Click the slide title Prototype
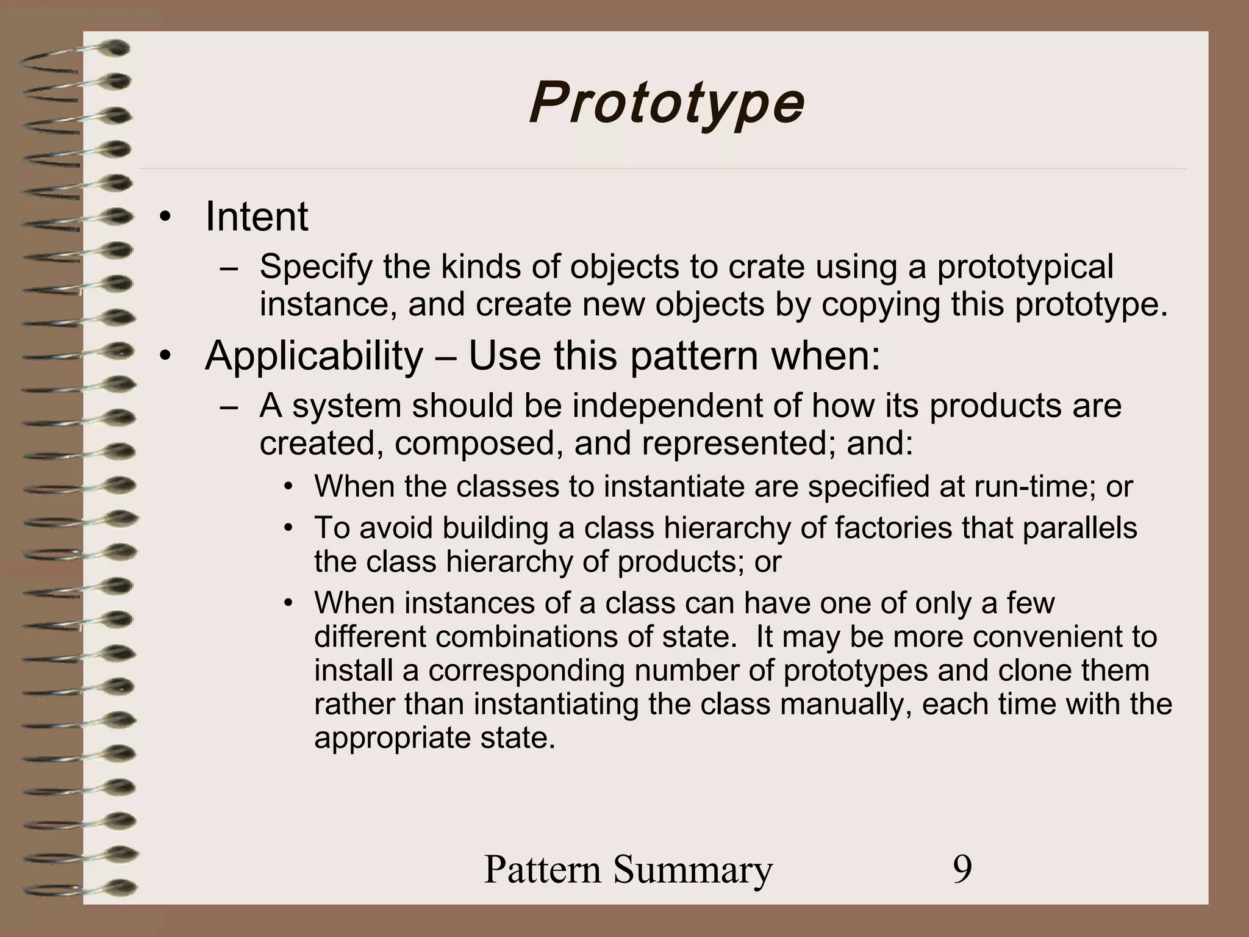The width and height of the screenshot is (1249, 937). [x=667, y=104]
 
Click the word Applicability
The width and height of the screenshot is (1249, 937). [x=314, y=356]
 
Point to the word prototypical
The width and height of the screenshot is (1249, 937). [x=1025, y=268]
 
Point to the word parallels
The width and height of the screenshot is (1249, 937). [x=1079, y=528]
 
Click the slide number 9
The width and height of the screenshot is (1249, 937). [x=962, y=869]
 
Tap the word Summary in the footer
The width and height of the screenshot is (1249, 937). [x=693, y=869]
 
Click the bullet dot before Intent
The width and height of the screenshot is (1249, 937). [x=163, y=218]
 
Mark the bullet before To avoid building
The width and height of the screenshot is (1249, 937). [x=289, y=528]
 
